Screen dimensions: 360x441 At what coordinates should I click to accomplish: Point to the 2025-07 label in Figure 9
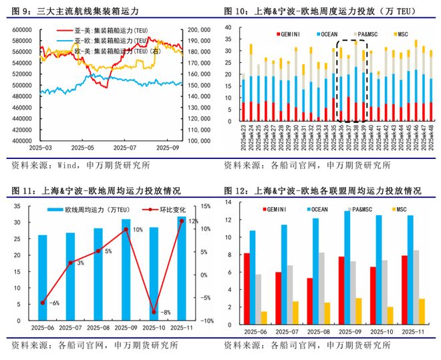tap(125, 148)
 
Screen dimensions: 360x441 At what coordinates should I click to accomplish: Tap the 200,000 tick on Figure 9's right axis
tap(200, 30)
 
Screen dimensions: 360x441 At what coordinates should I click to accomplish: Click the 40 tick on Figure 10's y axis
tap(229, 27)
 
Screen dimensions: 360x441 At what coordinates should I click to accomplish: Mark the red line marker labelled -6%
tap(42, 303)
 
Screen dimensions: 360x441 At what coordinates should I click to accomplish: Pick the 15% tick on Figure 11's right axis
tap(206, 206)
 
